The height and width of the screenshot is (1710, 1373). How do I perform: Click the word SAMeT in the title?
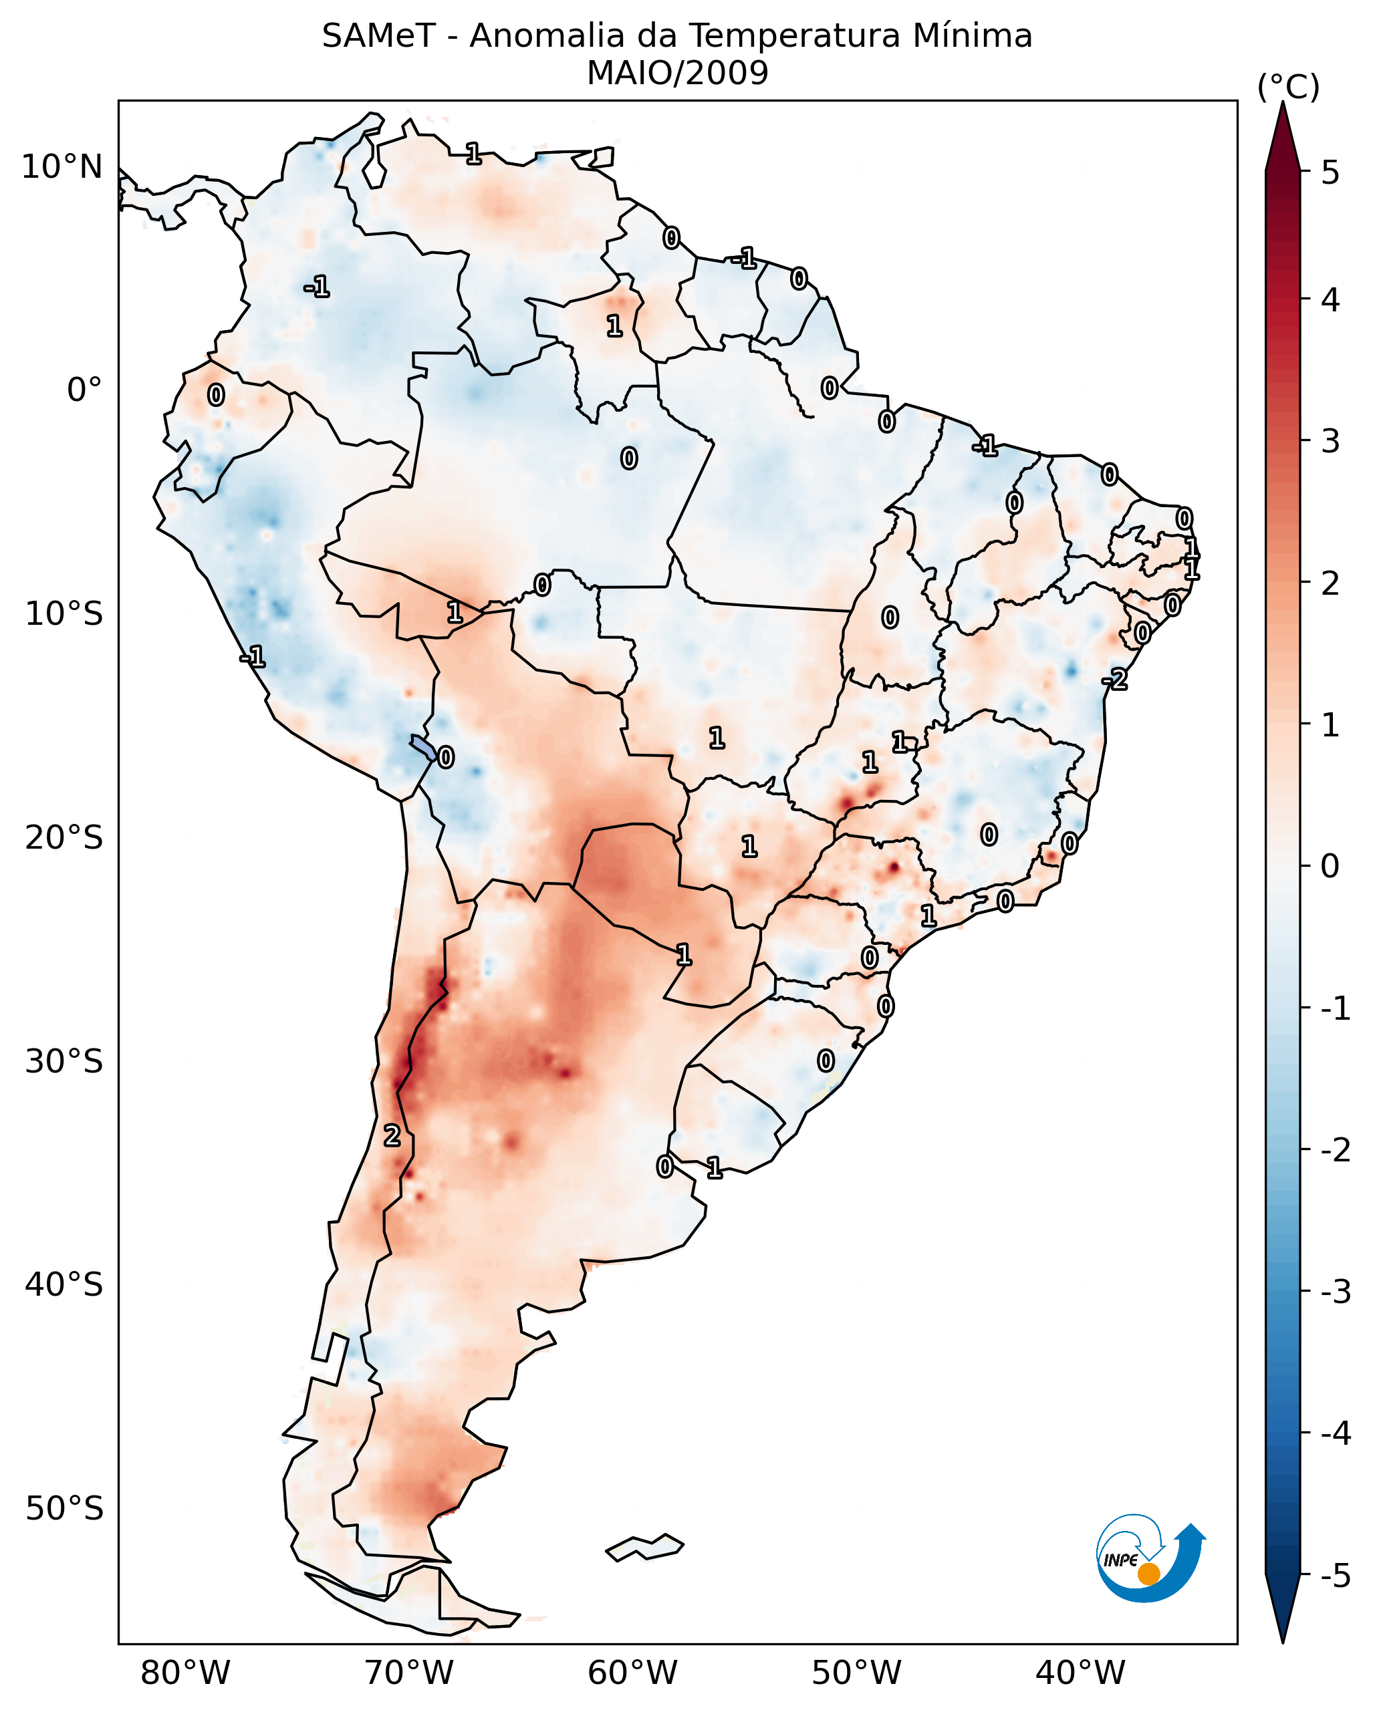click(x=378, y=37)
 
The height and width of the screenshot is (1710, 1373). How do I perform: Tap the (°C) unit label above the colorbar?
click(x=1288, y=88)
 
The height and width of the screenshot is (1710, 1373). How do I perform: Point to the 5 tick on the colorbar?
click(x=1330, y=172)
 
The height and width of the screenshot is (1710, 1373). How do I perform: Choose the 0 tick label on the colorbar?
click(x=1330, y=865)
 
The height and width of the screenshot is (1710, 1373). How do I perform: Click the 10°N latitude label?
click(x=62, y=167)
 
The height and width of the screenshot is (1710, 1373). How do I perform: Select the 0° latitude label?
click(x=84, y=390)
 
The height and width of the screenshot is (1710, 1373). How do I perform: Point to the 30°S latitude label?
click(x=64, y=1061)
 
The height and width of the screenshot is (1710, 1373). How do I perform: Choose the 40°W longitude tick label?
click(x=1080, y=1673)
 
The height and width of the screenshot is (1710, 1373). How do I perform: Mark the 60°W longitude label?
click(x=632, y=1673)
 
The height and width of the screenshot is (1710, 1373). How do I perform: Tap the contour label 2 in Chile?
click(x=392, y=1136)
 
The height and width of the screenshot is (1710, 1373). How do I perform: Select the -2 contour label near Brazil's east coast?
click(x=1115, y=679)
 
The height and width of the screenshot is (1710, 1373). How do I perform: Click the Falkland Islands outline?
click(x=644, y=1548)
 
